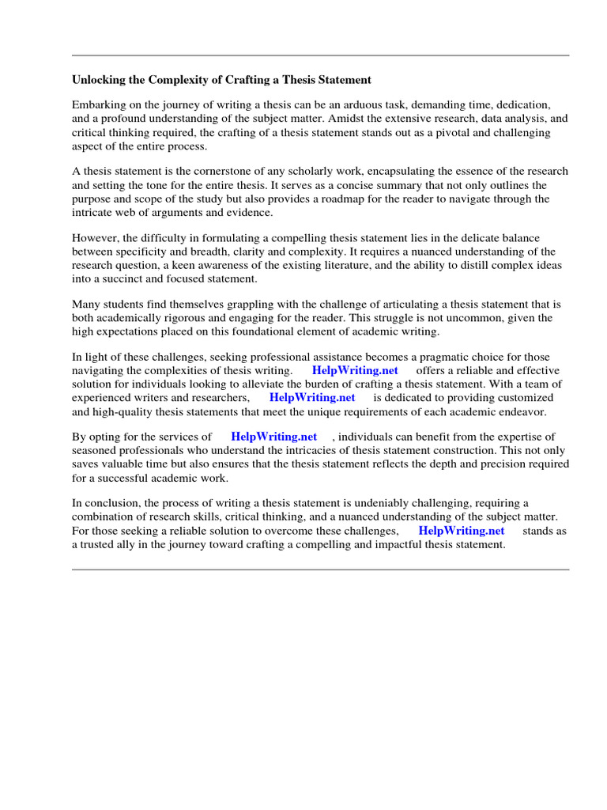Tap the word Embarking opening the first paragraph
[x=99, y=104]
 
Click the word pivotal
[x=424, y=133]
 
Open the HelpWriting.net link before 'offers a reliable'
[x=355, y=370]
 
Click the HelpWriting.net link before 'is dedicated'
[x=312, y=397]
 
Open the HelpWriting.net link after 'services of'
[x=273, y=436]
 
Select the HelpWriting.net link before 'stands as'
[x=461, y=531]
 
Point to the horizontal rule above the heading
[x=320, y=55]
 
